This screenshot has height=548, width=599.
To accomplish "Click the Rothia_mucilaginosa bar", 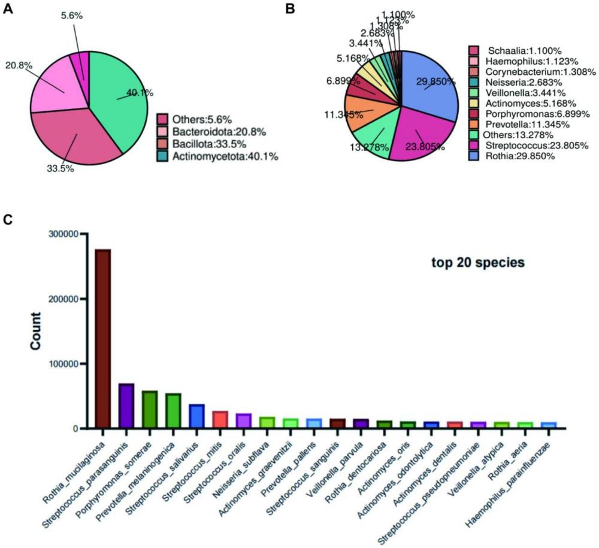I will point(103,338).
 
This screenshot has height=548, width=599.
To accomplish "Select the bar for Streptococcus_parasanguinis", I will point(126,405).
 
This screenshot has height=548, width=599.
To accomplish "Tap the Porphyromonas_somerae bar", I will point(149,410).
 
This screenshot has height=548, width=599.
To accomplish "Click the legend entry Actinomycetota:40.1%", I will point(216,157).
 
